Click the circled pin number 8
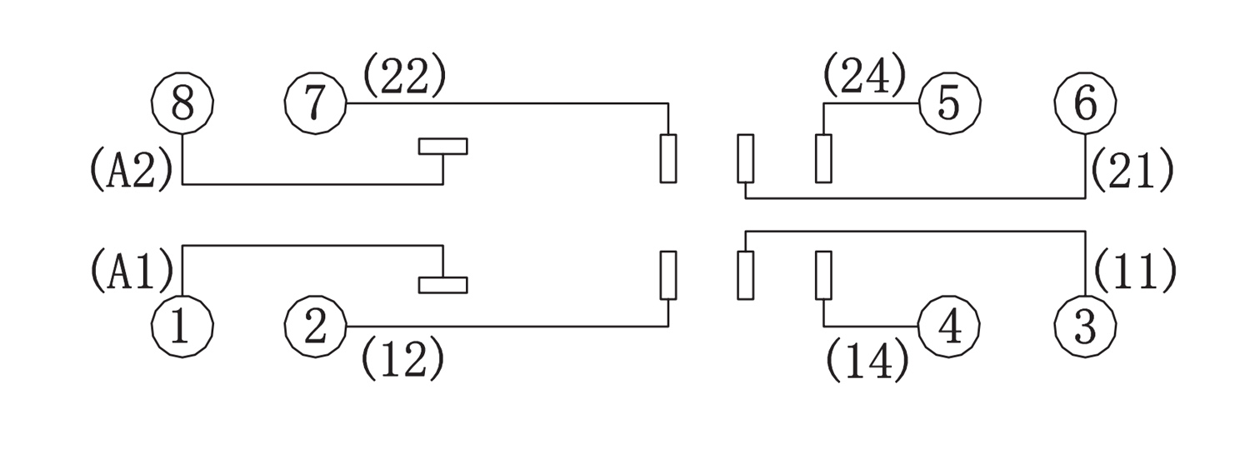(x=182, y=103)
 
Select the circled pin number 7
(x=316, y=103)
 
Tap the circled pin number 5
(x=949, y=103)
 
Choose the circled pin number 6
(x=1085, y=103)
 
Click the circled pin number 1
(x=182, y=327)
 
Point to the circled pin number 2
(x=316, y=327)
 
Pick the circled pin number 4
(x=949, y=327)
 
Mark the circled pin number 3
(x=1085, y=327)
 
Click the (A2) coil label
(x=132, y=169)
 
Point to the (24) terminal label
(x=865, y=77)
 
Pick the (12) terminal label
(x=403, y=357)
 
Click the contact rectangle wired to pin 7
(x=668, y=157)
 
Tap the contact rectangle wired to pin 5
(x=823, y=157)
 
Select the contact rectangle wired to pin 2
(x=668, y=274)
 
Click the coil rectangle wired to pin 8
(x=442, y=147)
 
